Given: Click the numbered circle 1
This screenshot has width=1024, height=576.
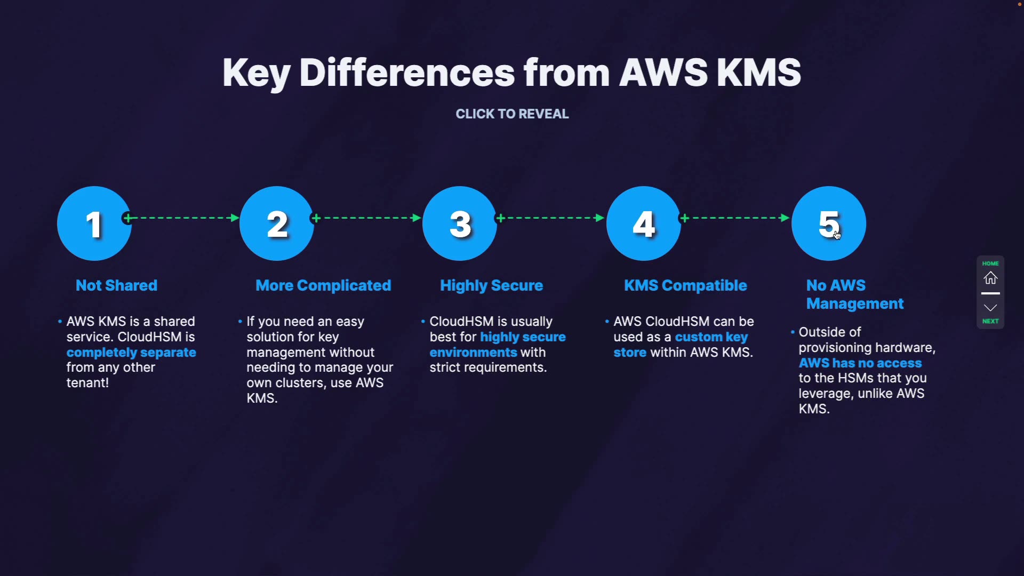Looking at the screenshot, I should tap(94, 223).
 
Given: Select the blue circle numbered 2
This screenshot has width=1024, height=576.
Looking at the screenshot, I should tap(277, 223).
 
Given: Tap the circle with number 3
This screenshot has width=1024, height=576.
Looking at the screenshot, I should tap(460, 223).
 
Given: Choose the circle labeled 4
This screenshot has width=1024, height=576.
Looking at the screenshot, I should tap(644, 223).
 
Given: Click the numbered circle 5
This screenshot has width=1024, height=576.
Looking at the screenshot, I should tap(828, 223).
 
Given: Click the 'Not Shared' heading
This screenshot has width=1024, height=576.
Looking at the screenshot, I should tap(116, 285).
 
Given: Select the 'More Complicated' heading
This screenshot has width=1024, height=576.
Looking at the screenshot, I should tap(323, 285).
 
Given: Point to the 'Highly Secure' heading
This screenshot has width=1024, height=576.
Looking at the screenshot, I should tap(491, 285).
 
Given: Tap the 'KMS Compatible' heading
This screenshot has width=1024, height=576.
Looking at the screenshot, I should tap(685, 285).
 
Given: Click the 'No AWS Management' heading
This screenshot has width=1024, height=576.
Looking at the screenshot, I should tap(854, 294).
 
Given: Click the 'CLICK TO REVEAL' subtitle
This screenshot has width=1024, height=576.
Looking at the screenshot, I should tap(512, 114).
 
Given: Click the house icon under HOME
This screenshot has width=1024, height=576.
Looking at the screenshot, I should tap(990, 278).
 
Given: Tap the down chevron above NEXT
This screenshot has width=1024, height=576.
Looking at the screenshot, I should tap(990, 308).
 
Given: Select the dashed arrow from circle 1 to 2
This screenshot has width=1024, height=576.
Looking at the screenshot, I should tap(182, 218).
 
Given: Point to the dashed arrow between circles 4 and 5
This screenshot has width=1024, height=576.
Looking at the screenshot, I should tap(735, 218).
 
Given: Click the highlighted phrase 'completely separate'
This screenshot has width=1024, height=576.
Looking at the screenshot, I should tap(131, 353).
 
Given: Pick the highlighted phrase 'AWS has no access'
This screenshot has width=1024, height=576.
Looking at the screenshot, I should tap(860, 363).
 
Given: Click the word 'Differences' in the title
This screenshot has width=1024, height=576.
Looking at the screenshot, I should tap(407, 73).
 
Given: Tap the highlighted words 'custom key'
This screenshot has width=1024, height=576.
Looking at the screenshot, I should tap(711, 337).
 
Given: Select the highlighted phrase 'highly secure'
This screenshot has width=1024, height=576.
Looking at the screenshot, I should tap(523, 337).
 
